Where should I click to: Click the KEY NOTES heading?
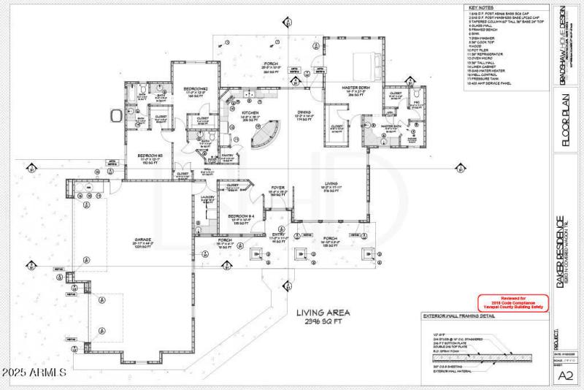pyautogui.click(x=481, y=8)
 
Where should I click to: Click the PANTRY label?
pyautogui.click(x=227, y=156)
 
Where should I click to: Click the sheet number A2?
pyautogui.click(x=564, y=375)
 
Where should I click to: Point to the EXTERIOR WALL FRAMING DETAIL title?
pyautogui.click(x=457, y=316)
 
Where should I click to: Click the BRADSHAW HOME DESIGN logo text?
pyautogui.click(x=563, y=47)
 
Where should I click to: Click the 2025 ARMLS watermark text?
pyautogui.click(x=34, y=372)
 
